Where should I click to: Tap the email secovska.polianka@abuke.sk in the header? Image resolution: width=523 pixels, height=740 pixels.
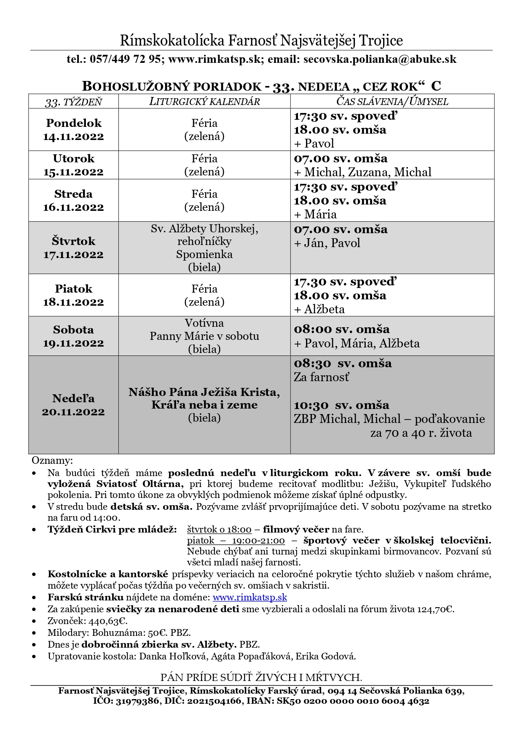[x=380, y=59]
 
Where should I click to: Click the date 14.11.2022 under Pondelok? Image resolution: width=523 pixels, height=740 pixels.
[x=73, y=137]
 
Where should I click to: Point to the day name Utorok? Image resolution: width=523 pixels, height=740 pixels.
[x=73, y=159]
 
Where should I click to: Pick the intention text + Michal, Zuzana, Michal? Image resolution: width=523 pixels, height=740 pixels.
[x=362, y=172]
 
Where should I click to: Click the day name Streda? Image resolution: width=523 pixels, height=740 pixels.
[x=73, y=194]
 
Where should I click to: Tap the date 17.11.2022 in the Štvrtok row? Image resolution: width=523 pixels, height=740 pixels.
[x=73, y=255]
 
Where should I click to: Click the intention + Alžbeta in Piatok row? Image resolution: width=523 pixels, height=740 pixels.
[x=319, y=309]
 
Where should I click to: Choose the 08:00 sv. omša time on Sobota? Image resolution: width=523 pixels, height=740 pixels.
[x=341, y=329]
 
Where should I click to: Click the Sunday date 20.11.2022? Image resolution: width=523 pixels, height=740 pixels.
[x=73, y=412]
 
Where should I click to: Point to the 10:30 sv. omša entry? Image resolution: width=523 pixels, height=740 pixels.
[x=341, y=405]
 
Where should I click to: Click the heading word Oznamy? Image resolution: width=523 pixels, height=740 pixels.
[x=52, y=460]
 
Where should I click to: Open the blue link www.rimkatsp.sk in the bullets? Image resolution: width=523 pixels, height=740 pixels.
[x=249, y=597]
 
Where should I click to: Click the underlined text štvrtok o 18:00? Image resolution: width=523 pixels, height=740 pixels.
[x=219, y=529]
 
